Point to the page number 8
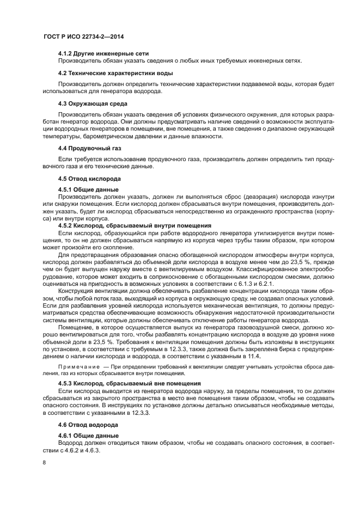coord(44,463)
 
